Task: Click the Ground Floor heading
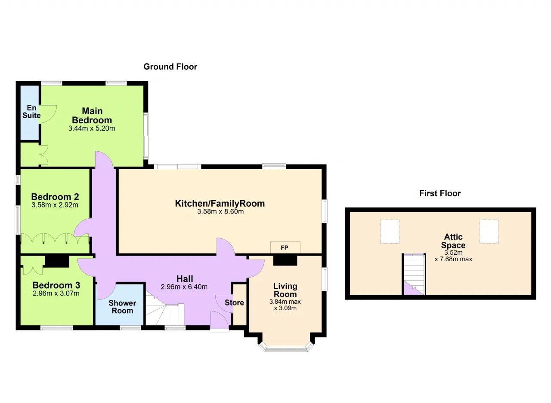[170, 67]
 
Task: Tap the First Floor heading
[440, 193]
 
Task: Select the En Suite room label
[31, 112]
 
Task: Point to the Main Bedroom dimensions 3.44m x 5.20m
[92, 128]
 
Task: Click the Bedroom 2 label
[55, 197]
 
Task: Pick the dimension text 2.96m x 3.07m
[56, 293]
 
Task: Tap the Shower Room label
[122, 307]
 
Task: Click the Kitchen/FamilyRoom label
[220, 204]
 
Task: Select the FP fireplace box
[285, 247]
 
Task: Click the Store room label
[234, 302]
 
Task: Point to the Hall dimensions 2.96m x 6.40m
[184, 287]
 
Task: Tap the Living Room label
[285, 290]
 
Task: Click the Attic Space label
[453, 241]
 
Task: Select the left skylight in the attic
[390, 232]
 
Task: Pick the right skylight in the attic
[489, 232]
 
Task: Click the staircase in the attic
[414, 274]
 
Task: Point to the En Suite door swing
[48, 114]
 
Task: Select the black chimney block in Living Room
[285, 260]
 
